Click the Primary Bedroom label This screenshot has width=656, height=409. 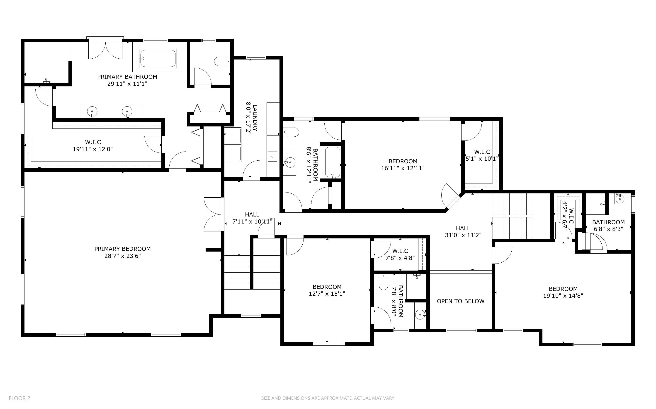122,249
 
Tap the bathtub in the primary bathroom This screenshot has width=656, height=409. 158,58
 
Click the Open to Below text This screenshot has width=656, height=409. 461,301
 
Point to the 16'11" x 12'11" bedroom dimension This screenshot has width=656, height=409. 403,168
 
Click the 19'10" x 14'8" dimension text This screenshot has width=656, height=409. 563,296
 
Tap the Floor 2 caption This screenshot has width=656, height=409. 19,398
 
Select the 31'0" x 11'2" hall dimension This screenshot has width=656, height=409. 463,235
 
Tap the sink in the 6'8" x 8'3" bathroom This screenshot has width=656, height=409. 620,199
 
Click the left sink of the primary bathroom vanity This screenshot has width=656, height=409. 92,111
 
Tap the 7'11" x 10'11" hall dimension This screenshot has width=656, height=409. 252,221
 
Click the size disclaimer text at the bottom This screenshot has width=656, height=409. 328,398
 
